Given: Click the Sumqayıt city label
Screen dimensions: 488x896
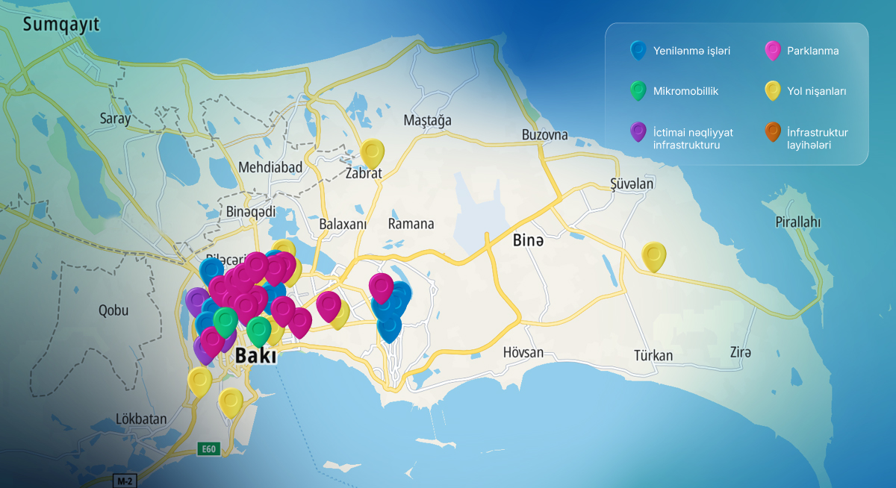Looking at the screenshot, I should [61, 25].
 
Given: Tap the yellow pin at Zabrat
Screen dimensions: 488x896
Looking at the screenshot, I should [372, 153].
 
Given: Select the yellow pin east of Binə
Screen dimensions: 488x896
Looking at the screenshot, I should [654, 256].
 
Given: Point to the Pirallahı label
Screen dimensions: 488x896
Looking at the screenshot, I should [797, 222].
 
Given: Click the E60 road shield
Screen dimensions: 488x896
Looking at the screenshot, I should [208, 449].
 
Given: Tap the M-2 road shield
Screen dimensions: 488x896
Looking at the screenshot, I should [122, 481].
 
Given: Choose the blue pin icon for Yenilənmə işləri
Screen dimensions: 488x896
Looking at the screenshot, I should [638, 50].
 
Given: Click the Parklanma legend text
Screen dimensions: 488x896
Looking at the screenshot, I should [812, 51].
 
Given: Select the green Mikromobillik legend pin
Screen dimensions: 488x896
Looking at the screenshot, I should [638, 91].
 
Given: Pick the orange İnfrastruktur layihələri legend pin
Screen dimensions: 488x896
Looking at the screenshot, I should [773, 133].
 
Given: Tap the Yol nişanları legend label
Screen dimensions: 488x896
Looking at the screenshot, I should [816, 92].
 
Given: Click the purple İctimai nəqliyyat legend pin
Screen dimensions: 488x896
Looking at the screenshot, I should [638, 132].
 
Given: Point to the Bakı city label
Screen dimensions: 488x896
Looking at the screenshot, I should [255, 356].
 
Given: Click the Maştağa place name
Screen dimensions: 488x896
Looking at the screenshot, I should [427, 120].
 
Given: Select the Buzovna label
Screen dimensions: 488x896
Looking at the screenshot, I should [544, 135].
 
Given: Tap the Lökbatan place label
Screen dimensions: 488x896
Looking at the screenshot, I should [141, 419].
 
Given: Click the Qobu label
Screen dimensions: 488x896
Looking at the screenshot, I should [113, 310].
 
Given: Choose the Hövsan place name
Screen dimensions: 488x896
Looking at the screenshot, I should [523, 352].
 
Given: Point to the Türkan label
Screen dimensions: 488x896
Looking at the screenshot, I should [653, 355].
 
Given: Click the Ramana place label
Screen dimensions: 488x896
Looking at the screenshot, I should [411, 224].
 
